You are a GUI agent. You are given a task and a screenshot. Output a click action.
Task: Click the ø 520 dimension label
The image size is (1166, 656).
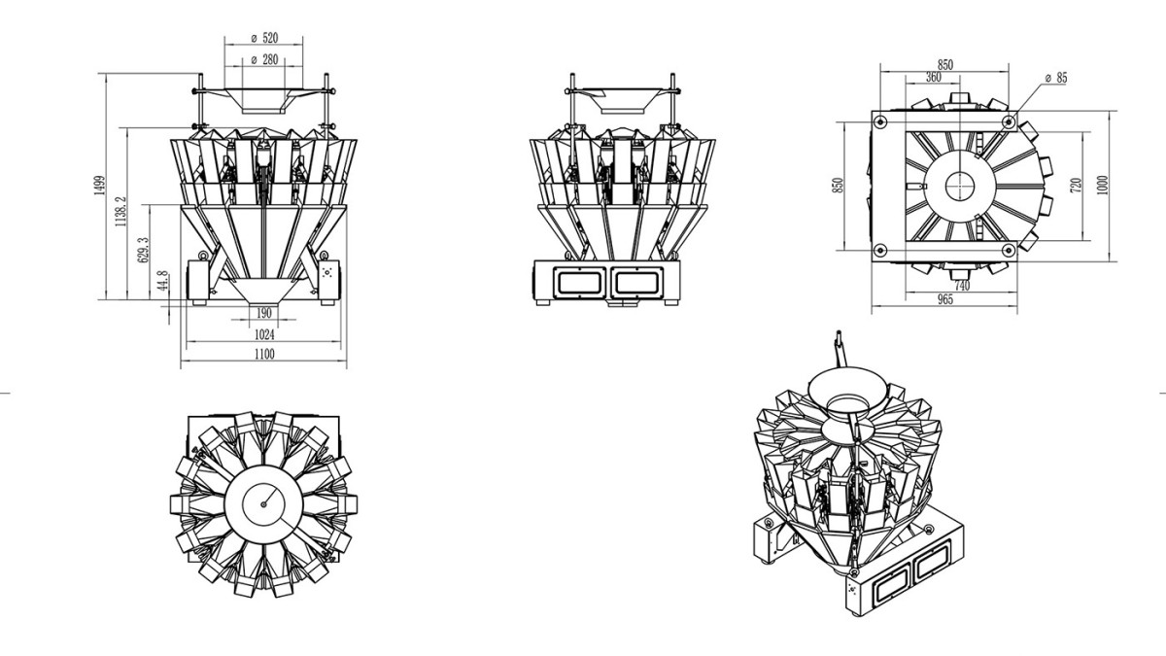coord(264,38)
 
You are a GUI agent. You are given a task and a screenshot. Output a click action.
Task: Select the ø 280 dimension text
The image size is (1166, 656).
coord(264,60)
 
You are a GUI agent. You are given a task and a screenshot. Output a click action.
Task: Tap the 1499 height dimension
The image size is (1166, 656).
coord(99,186)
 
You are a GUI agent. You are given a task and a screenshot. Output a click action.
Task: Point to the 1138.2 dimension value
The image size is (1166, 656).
coord(120,212)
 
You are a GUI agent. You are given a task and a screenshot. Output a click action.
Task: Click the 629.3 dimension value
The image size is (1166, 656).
coord(143,250)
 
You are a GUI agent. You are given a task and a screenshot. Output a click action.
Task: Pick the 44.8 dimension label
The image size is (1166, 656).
coord(162,281)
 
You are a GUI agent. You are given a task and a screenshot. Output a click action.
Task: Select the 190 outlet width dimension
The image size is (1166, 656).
coord(264,313)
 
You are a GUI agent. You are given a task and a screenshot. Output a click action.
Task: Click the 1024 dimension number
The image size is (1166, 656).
coord(264,334)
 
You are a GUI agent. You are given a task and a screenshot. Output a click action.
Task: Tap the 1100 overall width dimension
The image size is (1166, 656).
coord(264,355)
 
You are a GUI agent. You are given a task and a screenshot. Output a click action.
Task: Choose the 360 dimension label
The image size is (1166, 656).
coord(934,77)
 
